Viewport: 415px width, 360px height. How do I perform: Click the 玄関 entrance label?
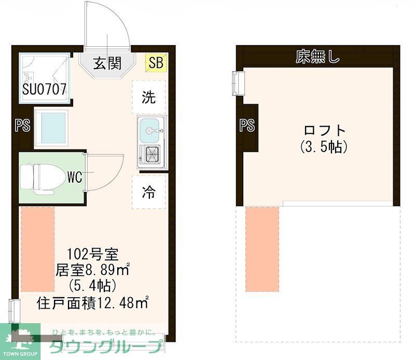pyautogui.click(x=107, y=63)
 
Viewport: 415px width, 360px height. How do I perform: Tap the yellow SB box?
pyautogui.click(x=156, y=63)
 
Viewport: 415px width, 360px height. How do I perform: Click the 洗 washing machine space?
pyautogui.click(x=149, y=98)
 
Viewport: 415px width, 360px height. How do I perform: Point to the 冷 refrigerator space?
pyautogui.click(x=149, y=192)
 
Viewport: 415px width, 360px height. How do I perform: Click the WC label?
pyautogui.click(x=74, y=177)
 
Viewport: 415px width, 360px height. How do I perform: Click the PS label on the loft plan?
pyautogui.click(x=247, y=125)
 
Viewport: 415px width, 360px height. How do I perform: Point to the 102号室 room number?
pyautogui.click(x=93, y=254)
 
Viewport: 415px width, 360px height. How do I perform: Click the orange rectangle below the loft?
pyautogui.click(x=262, y=249)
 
